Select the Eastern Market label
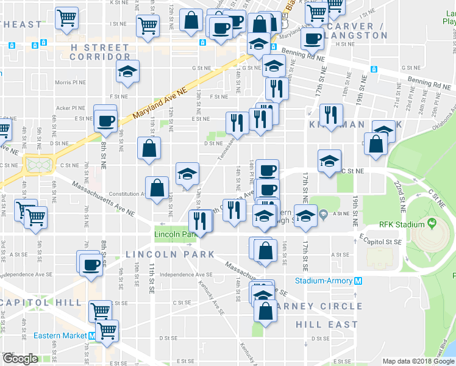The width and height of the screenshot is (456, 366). tap(60, 335)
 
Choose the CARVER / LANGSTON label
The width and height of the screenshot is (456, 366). tap(356, 31)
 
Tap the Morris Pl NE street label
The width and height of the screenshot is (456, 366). tap(71, 82)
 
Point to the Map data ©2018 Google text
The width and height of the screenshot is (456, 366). tap(415, 361)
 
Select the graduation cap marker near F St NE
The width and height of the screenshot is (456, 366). tap(127, 71)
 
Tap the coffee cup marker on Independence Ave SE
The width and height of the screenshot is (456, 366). tap(90, 264)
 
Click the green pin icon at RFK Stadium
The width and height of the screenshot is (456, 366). tap(433, 224)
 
